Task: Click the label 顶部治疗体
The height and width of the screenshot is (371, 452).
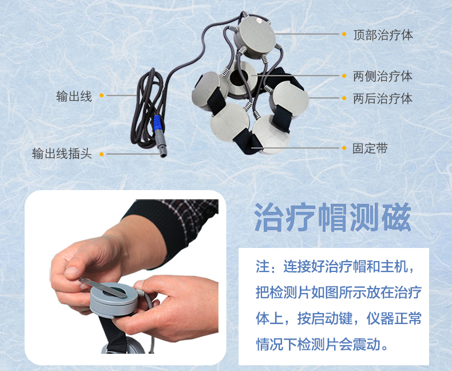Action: pyautogui.click(x=383, y=35)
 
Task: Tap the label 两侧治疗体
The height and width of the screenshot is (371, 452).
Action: pyautogui.click(x=383, y=76)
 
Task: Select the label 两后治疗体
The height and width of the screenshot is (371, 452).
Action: pyautogui.click(x=383, y=98)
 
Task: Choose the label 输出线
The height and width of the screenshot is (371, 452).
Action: pyautogui.click(x=74, y=96)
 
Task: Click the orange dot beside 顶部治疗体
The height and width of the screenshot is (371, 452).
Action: pyautogui.click(x=344, y=35)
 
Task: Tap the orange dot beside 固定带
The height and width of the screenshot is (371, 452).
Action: pyautogui.click(x=344, y=148)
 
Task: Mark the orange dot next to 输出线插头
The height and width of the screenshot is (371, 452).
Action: pyautogui.click(x=101, y=154)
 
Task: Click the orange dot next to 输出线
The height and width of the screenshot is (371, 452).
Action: pyautogui.click(x=101, y=96)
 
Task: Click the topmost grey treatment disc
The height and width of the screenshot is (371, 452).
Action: pyautogui.click(x=256, y=34)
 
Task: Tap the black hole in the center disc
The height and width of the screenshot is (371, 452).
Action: pyautogui.click(x=238, y=77)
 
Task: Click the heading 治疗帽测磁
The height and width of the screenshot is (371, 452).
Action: pyautogui.click(x=332, y=216)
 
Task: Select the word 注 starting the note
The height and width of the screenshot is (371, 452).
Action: pyautogui.click(x=263, y=267)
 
